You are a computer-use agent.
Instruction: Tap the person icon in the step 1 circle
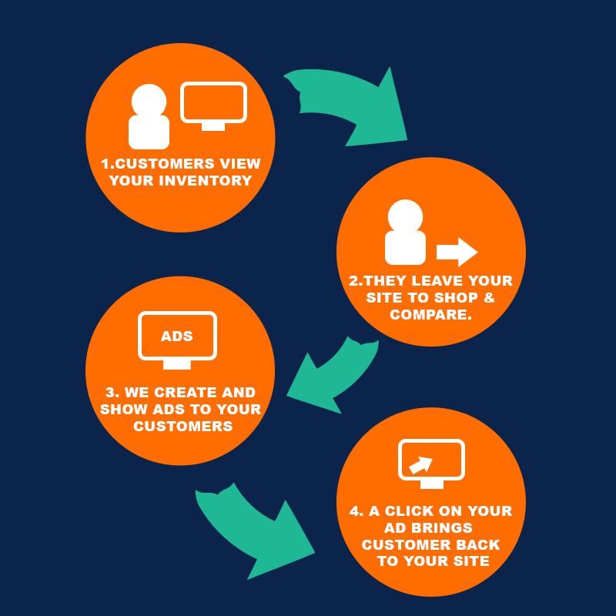pos(149,117)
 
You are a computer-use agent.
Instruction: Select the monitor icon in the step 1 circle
pos(213,104)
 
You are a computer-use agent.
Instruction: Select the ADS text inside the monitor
pos(177,336)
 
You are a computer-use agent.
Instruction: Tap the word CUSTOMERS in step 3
pos(182,426)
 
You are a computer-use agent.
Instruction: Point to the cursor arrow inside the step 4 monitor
pos(420,464)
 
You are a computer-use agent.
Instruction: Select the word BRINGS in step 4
pos(445,528)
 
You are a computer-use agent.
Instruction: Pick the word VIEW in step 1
pos(243,164)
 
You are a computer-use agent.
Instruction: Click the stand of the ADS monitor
pos(176,363)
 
